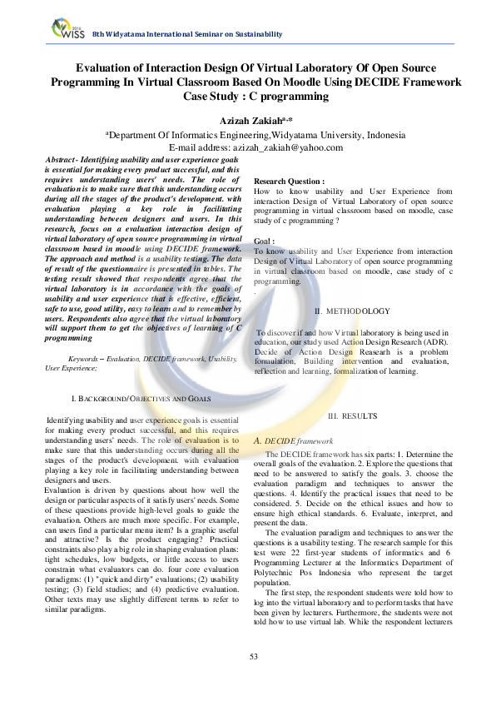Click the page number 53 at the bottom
[x=254, y=680]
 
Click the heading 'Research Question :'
[x=289, y=181]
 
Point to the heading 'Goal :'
[x=265, y=241]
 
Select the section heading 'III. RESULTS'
[x=353, y=415]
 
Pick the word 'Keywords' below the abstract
[x=84, y=358]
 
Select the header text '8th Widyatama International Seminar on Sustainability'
[x=187, y=33]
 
